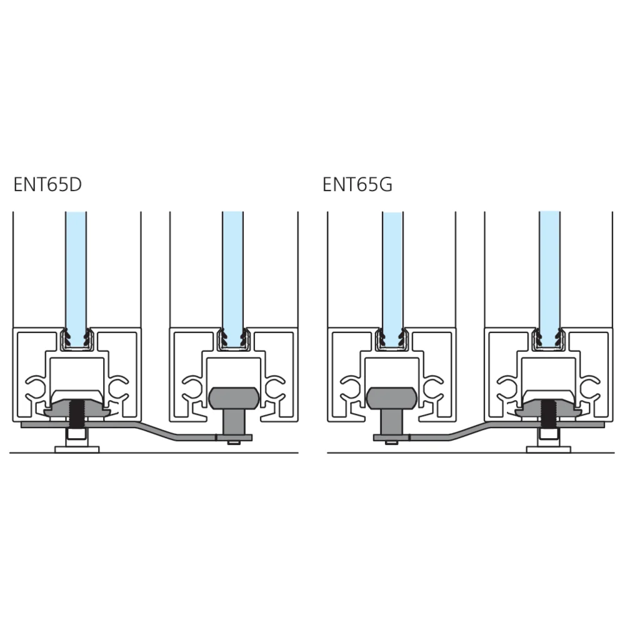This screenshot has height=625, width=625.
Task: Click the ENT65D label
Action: coord(47,184)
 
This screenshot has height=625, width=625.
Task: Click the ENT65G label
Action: coord(357,184)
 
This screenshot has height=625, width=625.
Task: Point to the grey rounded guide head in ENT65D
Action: coord(234,398)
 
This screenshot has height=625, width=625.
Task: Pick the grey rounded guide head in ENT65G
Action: coord(391,398)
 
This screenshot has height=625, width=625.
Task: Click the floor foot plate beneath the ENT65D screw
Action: coord(76,449)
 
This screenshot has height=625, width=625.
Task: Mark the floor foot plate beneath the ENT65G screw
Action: coord(549,449)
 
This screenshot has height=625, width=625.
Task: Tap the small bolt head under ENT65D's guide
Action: coord(234,442)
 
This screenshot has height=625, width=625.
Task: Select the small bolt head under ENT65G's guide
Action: coord(392,442)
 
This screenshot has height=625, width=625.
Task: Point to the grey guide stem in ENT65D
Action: coord(233,422)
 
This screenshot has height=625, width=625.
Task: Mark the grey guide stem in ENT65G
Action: coord(392,422)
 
